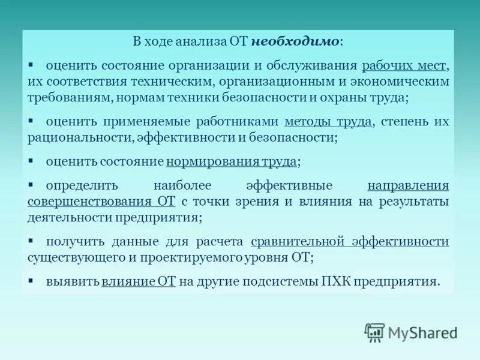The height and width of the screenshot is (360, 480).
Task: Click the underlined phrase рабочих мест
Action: tap(406, 65)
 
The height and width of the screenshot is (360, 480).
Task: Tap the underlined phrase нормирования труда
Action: tap(232, 161)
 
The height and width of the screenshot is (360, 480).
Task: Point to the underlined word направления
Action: tap(408, 185)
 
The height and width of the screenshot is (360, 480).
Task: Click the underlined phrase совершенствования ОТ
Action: tap(101, 202)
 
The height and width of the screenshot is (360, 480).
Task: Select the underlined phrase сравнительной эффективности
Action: tap(350, 241)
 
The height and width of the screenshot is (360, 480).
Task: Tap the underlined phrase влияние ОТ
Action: tap(138, 281)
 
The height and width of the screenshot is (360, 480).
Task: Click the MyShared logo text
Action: tap(422, 332)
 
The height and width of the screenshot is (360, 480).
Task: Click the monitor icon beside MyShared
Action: tap(374, 332)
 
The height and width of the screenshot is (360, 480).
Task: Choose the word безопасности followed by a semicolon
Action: tap(303, 137)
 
